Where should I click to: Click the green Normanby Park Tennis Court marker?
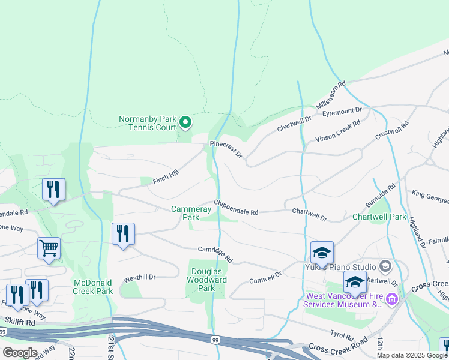coord(185,123)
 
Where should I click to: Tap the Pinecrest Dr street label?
coord(226,149)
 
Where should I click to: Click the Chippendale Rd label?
coord(236,208)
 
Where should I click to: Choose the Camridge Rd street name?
coord(215,254)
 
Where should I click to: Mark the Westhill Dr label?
coord(139,278)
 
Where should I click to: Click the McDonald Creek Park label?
coord(93,287)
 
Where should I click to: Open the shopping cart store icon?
coord(49,247)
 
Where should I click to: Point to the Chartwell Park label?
coord(379,217)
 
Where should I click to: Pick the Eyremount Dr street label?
coord(342,110)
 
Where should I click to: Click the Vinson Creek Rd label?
coord(338,131)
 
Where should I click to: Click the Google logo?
coord(20,352)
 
